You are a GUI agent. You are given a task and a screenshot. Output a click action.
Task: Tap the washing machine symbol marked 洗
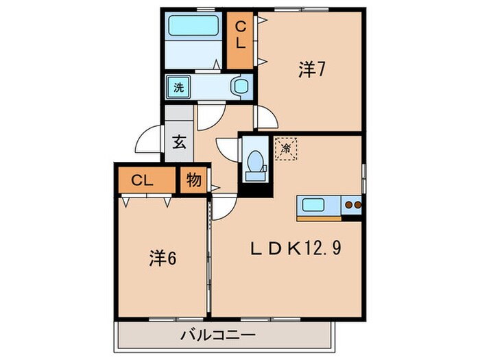point(178,87)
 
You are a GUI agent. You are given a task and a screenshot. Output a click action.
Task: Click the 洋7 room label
point(311,69)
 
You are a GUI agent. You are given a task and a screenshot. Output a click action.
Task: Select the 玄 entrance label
point(178,143)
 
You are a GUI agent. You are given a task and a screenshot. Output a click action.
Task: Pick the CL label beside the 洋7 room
point(241,35)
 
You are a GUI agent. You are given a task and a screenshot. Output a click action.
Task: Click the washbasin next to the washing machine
point(241,87)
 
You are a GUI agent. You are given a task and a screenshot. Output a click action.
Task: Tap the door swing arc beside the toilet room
point(227,148)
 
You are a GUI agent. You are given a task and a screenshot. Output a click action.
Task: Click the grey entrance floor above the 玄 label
point(178,117)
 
